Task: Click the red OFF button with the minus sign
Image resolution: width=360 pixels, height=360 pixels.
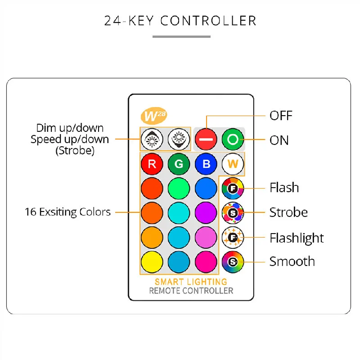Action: pos(206,139)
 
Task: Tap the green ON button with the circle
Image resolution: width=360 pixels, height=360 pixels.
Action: pos(233,139)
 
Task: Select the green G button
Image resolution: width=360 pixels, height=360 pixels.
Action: pos(179,164)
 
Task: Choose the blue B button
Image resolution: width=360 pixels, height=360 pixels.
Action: pos(206,164)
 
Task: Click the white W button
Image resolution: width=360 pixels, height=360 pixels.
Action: pos(233,164)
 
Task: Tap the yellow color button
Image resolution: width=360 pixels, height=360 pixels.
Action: pos(152,261)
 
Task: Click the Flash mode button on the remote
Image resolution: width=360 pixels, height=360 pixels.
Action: pos(233,189)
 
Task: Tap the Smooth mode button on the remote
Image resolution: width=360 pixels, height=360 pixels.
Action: pos(233,261)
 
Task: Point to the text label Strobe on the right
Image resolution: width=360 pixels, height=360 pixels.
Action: pos(288,212)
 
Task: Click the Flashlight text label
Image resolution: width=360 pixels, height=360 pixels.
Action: pos(297,238)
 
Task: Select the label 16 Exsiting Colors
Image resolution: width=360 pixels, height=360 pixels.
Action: pos(67,212)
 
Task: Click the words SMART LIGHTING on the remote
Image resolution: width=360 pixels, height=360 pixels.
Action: pos(191,282)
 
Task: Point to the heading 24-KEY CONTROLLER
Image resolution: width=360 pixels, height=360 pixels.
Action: pos(180,21)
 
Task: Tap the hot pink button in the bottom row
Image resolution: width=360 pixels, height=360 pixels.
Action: pos(206,261)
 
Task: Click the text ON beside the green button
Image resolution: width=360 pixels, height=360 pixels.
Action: pos(279,140)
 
